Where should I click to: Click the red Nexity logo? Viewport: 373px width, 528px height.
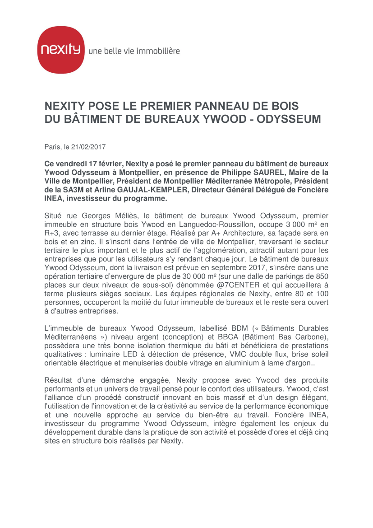click(x=60, y=50)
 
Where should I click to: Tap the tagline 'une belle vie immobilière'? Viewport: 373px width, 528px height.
click(x=134, y=51)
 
